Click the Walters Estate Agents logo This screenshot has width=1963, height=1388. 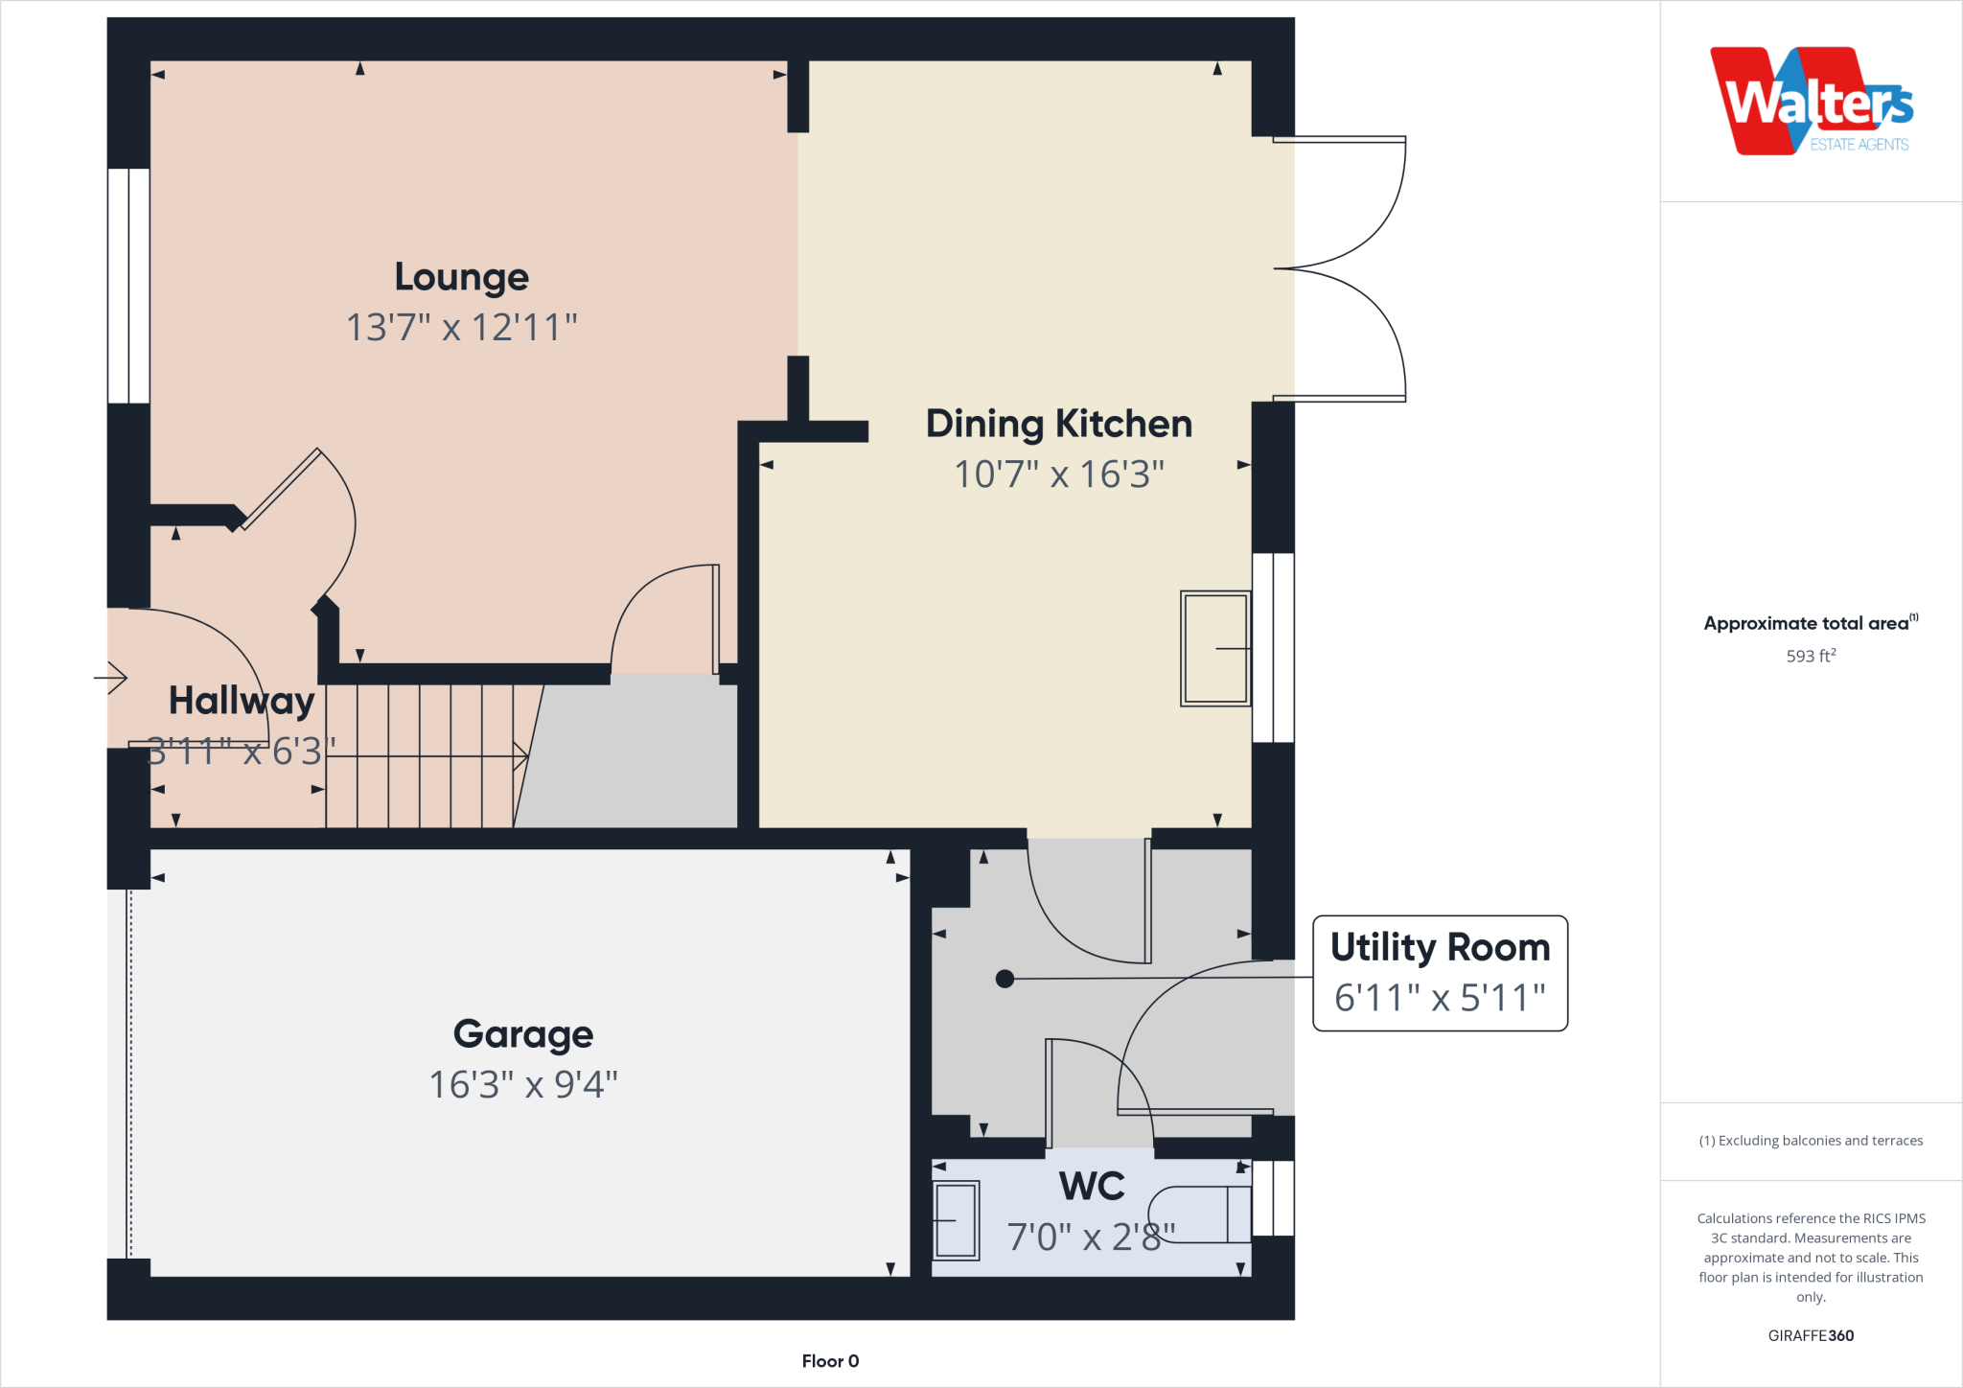(1811, 102)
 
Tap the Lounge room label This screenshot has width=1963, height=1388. (461, 277)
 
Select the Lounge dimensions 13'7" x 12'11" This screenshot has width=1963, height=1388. (461, 328)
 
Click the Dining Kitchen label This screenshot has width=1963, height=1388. (1058, 424)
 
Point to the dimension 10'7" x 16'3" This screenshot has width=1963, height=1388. (1058, 474)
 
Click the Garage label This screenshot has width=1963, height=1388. (523, 1034)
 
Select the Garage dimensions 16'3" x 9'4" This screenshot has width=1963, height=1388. (523, 1085)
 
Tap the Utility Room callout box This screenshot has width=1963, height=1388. (1440, 972)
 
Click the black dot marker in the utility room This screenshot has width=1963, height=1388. (1005, 979)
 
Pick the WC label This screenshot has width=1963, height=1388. (1092, 1187)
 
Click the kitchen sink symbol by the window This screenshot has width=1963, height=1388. (1215, 649)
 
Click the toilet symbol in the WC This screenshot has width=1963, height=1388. (1203, 1214)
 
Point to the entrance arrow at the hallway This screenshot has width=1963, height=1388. (112, 678)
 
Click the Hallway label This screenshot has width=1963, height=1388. (242, 701)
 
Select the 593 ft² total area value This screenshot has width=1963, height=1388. (1811, 657)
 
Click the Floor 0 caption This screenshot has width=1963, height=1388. (830, 1361)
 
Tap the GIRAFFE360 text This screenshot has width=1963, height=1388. (1811, 1335)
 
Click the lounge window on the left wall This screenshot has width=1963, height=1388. (128, 286)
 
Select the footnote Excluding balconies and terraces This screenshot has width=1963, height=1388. (1811, 1141)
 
